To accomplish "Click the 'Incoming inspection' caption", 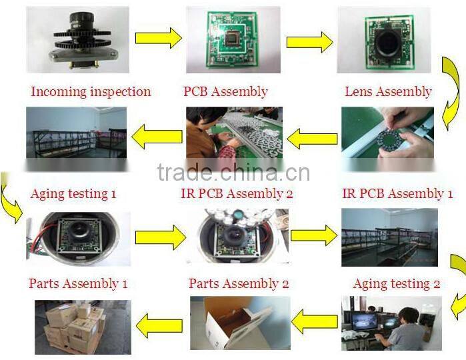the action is [91, 91].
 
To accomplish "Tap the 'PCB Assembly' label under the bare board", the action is [225, 91].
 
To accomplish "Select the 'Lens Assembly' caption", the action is [388, 91].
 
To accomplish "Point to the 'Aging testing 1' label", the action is [73, 194].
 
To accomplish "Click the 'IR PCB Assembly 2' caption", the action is [237, 194].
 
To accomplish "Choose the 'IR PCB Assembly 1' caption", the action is [397, 194].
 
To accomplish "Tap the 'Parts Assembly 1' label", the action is [78, 283].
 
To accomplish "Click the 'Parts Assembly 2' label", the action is [239, 283].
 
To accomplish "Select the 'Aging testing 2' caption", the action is [397, 284].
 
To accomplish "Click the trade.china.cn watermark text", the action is [233, 173].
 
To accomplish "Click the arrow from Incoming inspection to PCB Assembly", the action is [159, 38].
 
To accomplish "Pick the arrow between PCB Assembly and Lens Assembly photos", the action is [310, 42].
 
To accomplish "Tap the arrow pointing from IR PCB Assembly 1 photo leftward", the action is [313, 139].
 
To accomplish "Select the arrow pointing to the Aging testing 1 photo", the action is [157, 137].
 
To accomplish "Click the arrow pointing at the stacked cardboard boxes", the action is [159, 325].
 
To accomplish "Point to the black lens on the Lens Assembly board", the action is [386, 41].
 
